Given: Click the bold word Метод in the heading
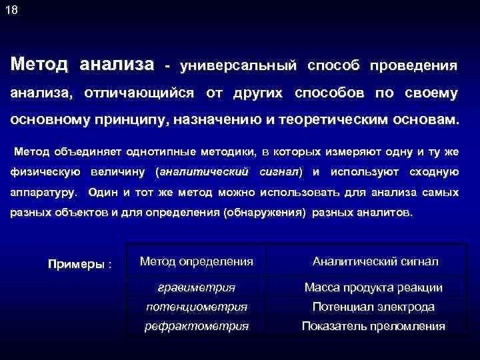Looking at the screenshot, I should tap(39, 65).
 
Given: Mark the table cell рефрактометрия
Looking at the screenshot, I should tap(197, 326).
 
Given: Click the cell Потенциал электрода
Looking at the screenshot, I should tap(373, 307).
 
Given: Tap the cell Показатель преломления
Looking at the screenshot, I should tap(373, 326).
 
